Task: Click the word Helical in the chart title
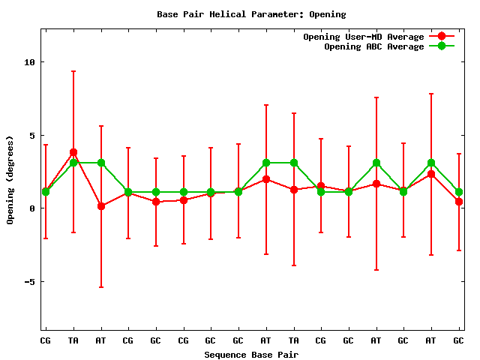231,14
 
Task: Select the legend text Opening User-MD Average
364,37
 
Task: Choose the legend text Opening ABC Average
374,46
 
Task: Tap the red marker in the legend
442,37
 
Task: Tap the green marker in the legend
442,46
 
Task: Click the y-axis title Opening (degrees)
10,180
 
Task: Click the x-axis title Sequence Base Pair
251,355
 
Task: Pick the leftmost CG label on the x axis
46,341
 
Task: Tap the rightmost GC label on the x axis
458,341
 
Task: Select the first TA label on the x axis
73,341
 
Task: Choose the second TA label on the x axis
293,341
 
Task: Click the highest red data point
73,152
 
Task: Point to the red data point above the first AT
100,206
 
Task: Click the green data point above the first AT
100,163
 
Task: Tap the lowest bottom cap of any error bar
100,287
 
